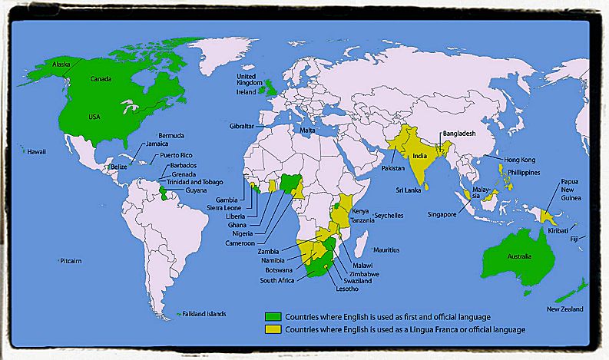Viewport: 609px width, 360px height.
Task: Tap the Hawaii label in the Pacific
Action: click(37, 152)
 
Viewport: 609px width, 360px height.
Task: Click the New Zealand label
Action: click(564, 309)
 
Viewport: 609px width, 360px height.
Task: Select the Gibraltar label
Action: click(243, 125)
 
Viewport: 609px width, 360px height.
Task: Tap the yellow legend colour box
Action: click(273, 329)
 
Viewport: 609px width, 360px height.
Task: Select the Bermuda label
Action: click(171, 135)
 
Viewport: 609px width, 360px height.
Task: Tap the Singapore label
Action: click(446, 215)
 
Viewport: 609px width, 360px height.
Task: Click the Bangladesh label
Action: click(459, 134)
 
